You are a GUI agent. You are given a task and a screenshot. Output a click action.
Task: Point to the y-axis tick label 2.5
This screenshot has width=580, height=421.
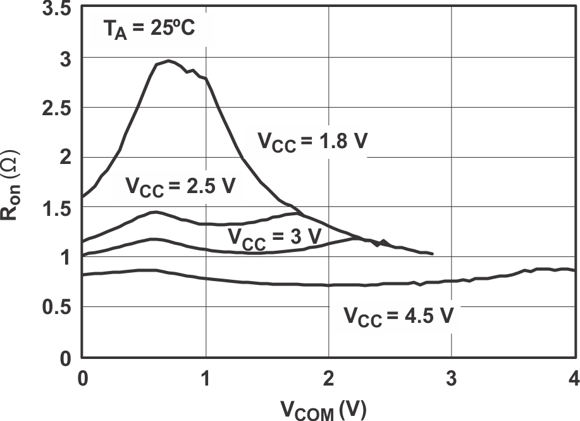point(57,108)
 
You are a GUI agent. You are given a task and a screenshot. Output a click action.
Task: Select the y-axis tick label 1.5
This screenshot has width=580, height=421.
point(57,209)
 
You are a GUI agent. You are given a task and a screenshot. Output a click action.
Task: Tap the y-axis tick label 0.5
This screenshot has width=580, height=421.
point(57,308)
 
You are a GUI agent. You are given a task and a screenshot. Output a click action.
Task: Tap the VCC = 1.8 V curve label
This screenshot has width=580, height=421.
point(312,141)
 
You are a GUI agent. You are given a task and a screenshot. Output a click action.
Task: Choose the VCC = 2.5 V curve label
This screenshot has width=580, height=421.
point(180,187)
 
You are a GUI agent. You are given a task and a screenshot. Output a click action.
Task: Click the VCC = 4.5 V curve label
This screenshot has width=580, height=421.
point(398,315)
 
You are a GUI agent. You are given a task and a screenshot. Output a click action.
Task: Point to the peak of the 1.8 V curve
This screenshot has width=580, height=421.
point(168,61)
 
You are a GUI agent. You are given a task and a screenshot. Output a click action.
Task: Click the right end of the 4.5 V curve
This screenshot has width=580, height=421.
point(574,270)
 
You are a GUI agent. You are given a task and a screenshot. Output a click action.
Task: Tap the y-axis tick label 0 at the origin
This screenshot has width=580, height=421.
point(66,359)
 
